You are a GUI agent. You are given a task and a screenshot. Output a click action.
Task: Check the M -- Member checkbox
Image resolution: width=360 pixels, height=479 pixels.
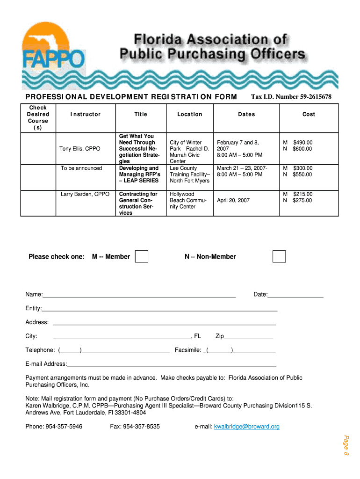141,256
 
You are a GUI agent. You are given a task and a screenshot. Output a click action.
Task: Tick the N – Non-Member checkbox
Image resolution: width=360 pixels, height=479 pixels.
279,256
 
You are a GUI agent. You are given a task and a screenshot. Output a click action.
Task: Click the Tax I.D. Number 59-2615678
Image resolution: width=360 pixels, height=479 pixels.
291,97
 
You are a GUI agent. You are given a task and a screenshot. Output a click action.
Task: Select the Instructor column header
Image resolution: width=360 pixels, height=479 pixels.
86,114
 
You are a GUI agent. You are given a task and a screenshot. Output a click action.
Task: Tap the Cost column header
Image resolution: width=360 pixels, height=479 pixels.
309,114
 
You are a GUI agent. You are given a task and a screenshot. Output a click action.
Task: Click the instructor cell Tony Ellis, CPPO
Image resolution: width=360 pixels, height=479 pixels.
80,149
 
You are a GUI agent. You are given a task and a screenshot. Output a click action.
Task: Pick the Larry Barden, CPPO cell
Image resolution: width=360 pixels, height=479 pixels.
85,194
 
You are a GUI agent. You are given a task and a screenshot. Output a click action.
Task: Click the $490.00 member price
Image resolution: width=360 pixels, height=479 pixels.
302,143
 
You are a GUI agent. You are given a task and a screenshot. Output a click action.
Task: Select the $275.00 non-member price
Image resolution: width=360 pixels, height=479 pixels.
302,201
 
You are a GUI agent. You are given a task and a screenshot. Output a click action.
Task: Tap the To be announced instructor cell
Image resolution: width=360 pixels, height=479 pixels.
81,168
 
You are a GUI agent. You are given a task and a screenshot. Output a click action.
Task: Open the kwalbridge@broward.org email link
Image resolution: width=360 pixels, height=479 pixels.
246,427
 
